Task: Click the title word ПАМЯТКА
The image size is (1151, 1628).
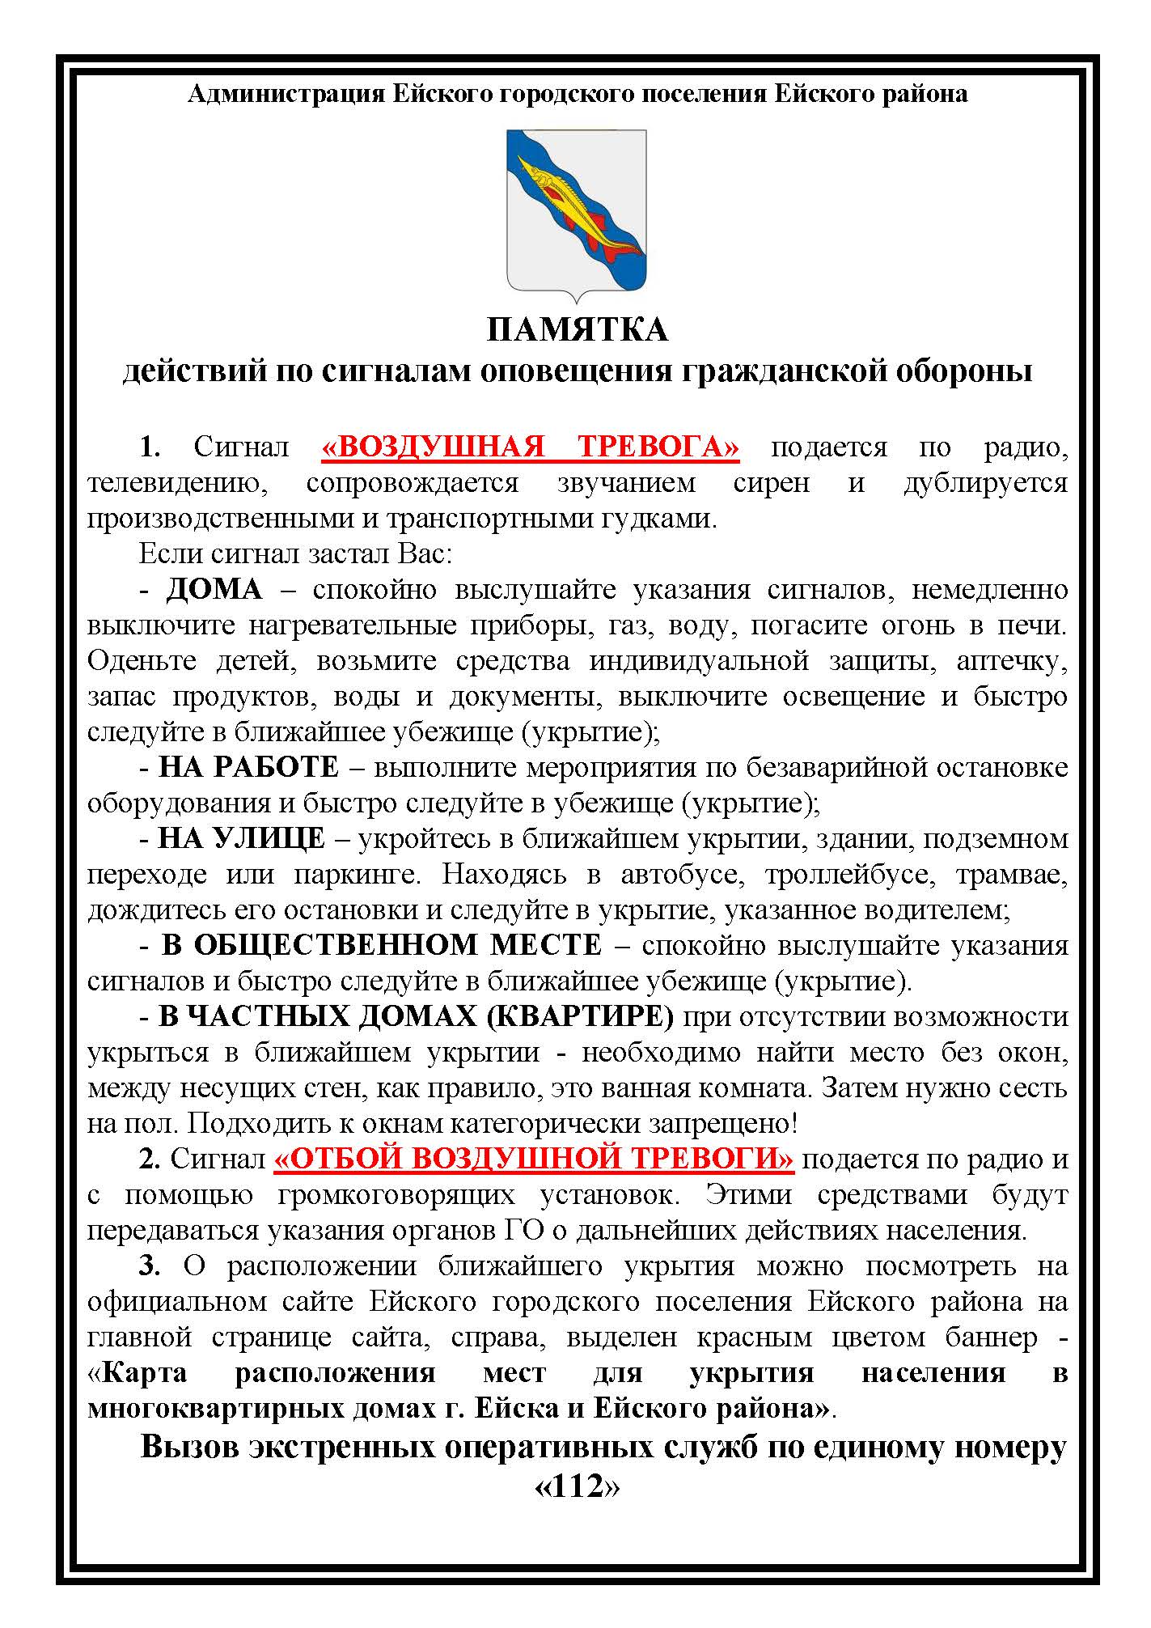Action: click(577, 330)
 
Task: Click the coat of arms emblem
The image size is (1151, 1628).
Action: click(576, 214)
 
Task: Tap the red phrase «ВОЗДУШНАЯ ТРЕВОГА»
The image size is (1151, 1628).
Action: click(531, 447)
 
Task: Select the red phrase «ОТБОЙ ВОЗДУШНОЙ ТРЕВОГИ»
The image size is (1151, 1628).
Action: click(534, 1160)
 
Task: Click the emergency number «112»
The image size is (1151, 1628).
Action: click(577, 1486)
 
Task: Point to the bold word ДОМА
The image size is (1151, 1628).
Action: click(214, 590)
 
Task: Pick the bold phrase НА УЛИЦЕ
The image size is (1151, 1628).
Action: click(242, 839)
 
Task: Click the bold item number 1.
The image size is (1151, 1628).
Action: click(150, 447)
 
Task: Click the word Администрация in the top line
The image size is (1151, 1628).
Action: click(286, 95)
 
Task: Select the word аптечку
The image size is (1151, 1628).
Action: click(1011, 661)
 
